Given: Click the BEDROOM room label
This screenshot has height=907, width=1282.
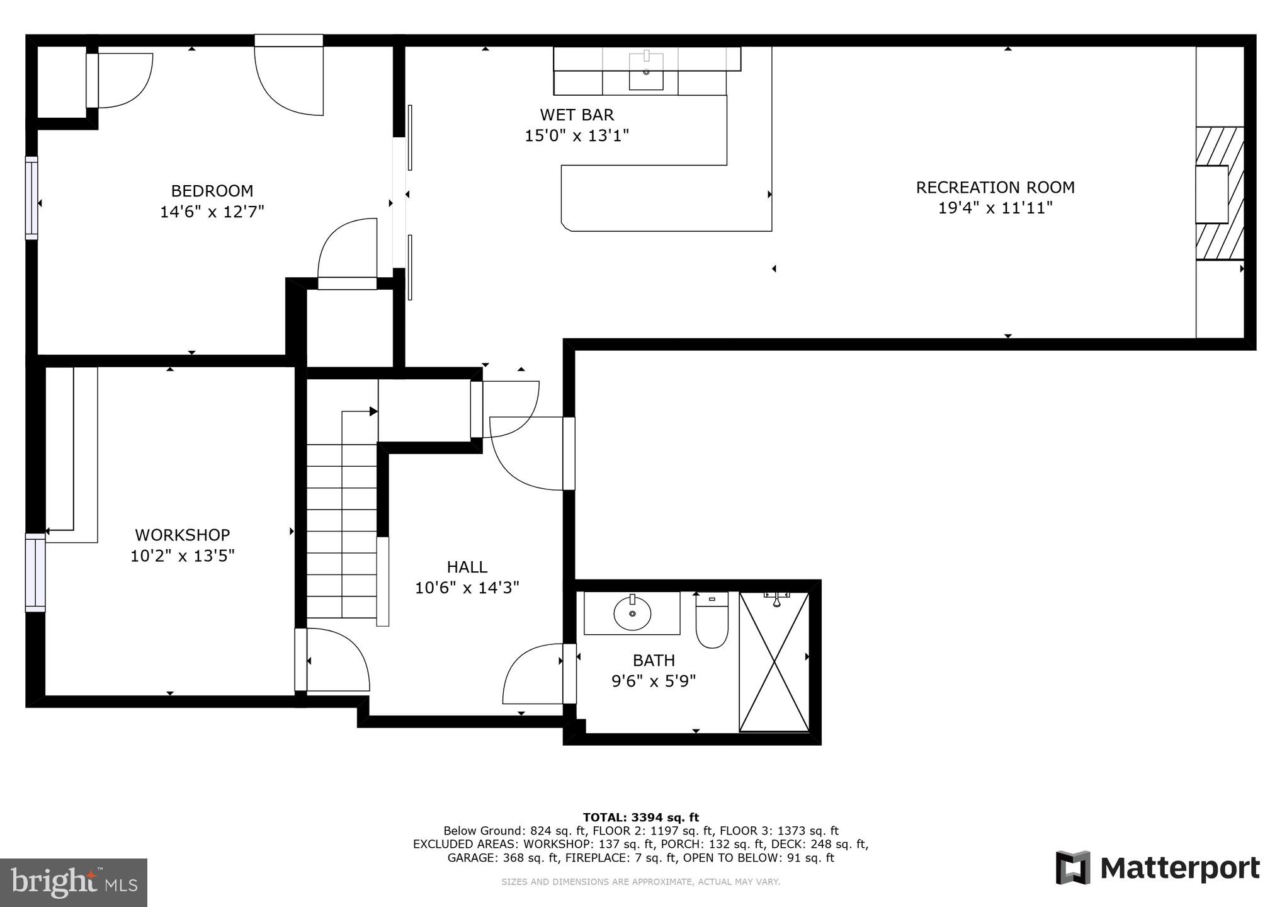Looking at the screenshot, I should [x=212, y=191].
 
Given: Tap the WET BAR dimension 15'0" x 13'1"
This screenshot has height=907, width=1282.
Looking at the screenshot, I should [x=577, y=135].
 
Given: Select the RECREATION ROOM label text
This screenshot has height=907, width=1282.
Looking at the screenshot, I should [x=995, y=188].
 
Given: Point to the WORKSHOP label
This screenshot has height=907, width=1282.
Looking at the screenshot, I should [x=182, y=535].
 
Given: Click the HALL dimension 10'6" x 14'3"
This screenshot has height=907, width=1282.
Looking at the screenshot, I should [x=467, y=588].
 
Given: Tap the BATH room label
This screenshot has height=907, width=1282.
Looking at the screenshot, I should [x=654, y=661].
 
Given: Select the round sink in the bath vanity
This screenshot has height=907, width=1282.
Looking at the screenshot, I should [x=632, y=613].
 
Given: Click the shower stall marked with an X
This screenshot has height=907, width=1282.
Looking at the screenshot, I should [x=774, y=661].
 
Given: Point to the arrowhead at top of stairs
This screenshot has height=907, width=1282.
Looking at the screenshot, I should [x=373, y=411].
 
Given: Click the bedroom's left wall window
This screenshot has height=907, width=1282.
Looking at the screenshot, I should [x=31, y=198].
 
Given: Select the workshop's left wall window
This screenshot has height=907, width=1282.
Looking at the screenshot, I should [x=35, y=573].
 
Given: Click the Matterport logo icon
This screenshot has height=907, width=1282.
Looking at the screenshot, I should [x=1073, y=867].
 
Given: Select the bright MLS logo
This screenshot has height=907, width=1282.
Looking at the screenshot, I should [x=74, y=882].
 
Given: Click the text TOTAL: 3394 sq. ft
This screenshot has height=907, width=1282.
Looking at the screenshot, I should [x=640, y=818].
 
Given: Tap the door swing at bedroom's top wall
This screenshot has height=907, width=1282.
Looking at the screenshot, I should [x=289, y=79].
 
